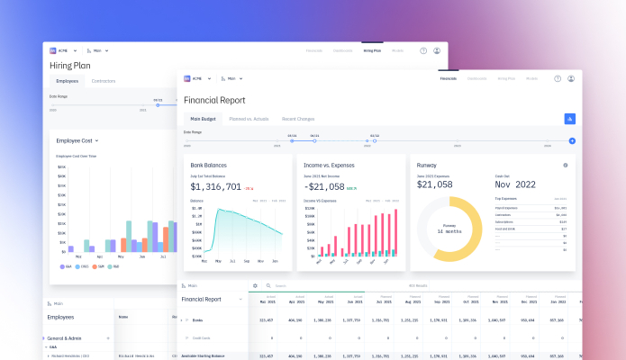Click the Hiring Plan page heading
point(74,65)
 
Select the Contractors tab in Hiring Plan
point(104,81)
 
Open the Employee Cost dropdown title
point(77,140)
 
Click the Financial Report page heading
point(214,101)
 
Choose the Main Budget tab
point(202,119)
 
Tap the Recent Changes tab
point(298,119)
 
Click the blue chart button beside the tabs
point(569,119)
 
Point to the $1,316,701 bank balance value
point(215,187)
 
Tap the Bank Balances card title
point(209,166)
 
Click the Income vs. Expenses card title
point(330,166)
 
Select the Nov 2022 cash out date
point(515,184)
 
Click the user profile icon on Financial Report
point(570,78)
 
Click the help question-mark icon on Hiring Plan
point(423,50)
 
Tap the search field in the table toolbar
point(297,286)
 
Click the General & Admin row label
point(67,337)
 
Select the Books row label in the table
point(198,319)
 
